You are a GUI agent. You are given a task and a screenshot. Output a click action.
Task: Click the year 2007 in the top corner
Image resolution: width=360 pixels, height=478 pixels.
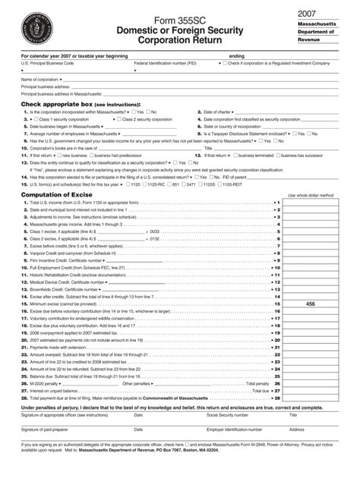point(307,14)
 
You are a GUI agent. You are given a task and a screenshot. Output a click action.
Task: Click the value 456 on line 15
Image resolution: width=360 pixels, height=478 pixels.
point(310,303)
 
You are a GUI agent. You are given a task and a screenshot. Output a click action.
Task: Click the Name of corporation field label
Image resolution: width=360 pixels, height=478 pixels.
point(39,79)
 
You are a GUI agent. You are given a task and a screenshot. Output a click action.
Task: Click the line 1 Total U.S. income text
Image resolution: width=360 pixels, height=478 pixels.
point(84,203)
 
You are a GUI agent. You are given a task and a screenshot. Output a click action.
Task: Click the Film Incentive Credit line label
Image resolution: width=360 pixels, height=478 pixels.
point(68,260)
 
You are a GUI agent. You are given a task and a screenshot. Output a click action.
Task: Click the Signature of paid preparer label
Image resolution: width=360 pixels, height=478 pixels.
point(52,429)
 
